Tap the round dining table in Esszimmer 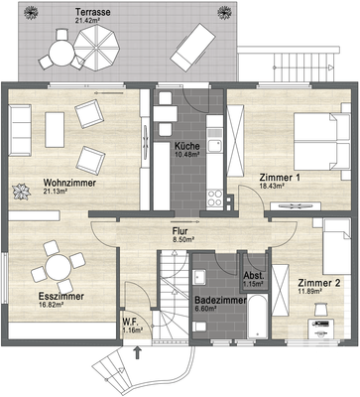[x=52, y=267]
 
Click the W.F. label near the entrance [x=131, y=321]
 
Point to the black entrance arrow [x=137, y=348]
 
